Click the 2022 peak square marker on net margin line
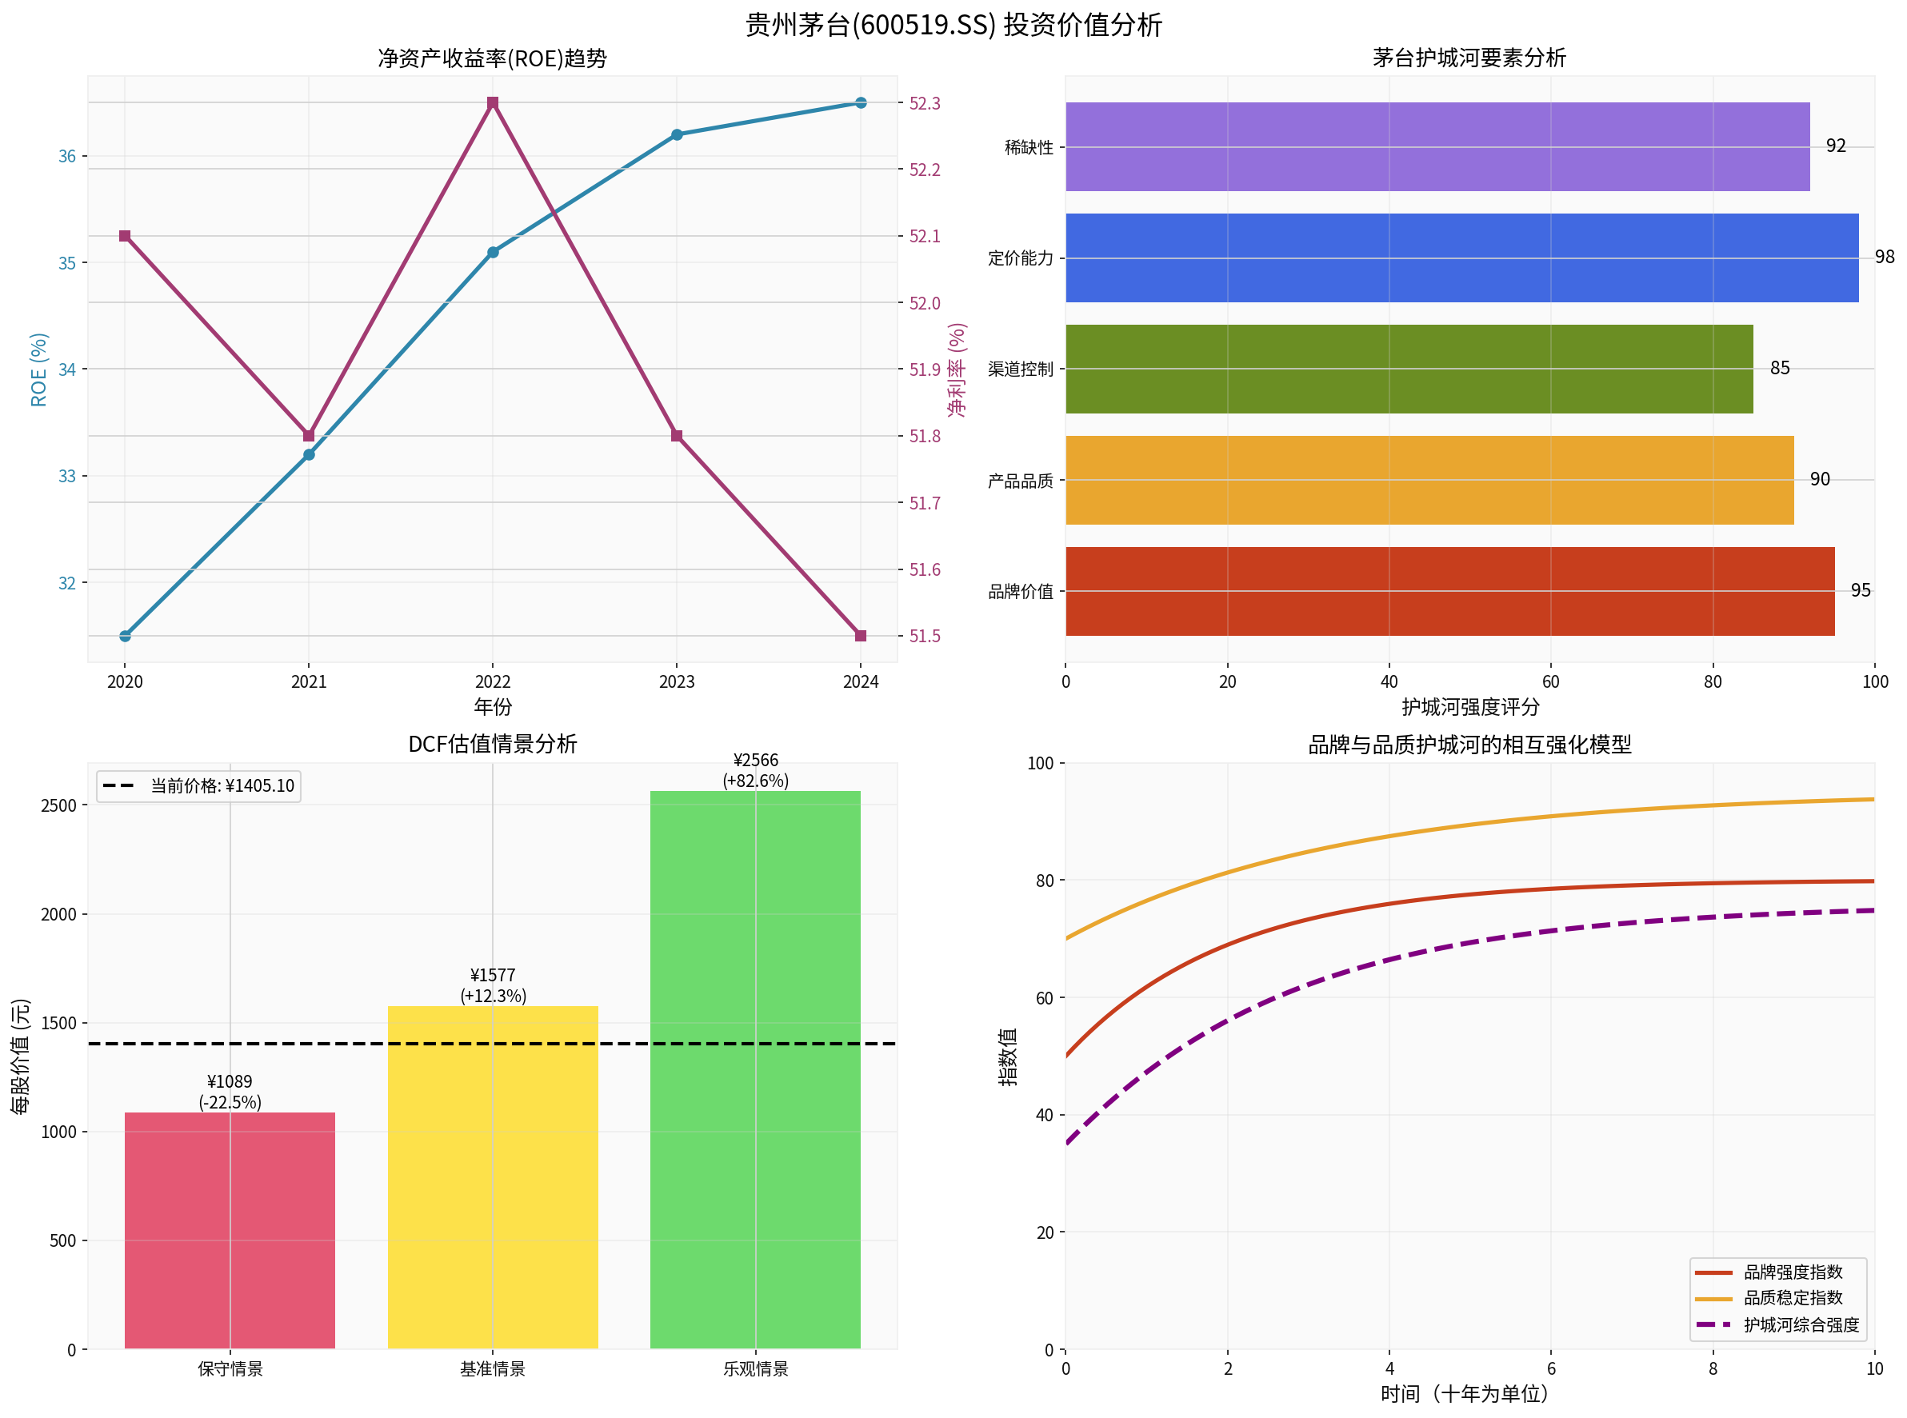coord(493,103)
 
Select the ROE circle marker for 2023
coord(677,134)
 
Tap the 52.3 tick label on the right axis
coord(925,104)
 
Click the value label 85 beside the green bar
coord(1779,368)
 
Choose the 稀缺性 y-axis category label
coord(1028,148)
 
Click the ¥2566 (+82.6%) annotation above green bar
coord(755,770)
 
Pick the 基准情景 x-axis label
coord(492,1369)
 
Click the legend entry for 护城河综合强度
coord(1801,1324)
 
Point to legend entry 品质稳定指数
coord(1792,1298)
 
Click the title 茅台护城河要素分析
coord(1469,58)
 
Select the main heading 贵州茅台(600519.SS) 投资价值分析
coord(953,24)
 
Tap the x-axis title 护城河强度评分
coord(1470,706)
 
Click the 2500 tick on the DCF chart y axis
coord(58,805)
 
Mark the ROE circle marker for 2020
coord(126,636)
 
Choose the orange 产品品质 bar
coord(1429,480)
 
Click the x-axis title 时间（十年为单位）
coord(1465,1393)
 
